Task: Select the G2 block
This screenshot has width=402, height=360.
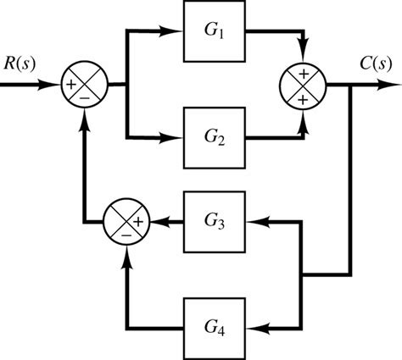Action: pos(215,136)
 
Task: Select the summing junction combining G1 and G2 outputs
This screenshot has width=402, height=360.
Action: pos(304,85)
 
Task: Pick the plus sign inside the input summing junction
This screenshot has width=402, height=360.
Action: pos(70,85)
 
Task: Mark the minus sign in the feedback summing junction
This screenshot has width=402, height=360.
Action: pos(126,235)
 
